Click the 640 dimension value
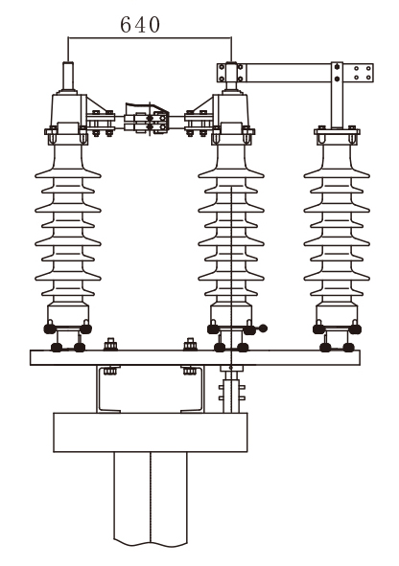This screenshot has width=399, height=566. pyautogui.click(x=140, y=25)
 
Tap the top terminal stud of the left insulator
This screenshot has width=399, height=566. pyautogui.click(x=68, y=77)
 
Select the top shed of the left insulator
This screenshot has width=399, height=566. pyautogui.click(x=68, y=173)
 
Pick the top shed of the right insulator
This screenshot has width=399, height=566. pyautogui.click(x=337, y=173)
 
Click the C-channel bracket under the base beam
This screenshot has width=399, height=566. pyautogui.click(x=150, y=389)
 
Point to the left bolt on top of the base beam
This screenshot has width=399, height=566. pyautogui.click(x=111, y=345)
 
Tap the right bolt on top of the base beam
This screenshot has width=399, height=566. pyautogui.click(x=190, y=345)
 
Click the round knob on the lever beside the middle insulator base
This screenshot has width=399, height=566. pyautogui.click(x=264, y=328)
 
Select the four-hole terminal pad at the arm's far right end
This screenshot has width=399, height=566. pyautogui.click(x=363, y=73)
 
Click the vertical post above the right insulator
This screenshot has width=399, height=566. pyautogui.click(x=337, y=95)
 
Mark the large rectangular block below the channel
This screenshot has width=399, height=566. pyautogui.click(x=151, y=433)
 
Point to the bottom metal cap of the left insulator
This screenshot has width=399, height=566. pyautogui.click(x=68, y=313)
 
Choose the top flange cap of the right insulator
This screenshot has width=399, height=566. pyautogui.click(x=337, y=135)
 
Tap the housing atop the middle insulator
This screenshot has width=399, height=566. pyautogui.click(x=231, y=110)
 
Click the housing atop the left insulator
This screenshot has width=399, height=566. pyautogui.click(x=69, y=110)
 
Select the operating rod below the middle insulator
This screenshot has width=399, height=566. pyautogui.click(x=231, y=389)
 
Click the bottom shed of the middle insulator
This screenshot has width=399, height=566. pyautogui.click(x=231, y=292)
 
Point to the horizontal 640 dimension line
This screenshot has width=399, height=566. pyautogui.click(x=150, y=37)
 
